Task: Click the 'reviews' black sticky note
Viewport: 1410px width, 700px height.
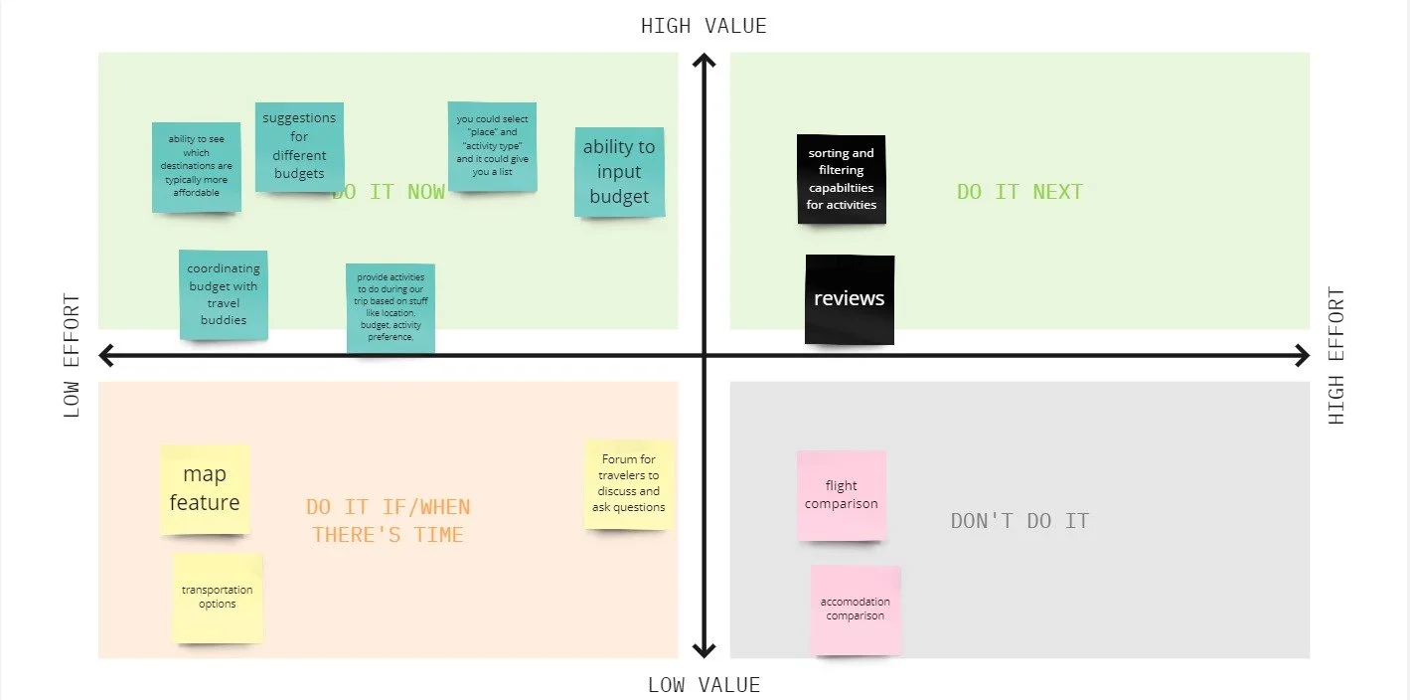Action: pyautogui.click(x=850, y=299)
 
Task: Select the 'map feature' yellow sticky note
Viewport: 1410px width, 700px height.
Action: pyautogui.click(x=205, y=489)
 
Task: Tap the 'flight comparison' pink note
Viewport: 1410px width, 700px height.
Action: pyautogui.click(x=842, y=495)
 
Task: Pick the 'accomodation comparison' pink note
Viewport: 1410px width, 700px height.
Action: pyautogui.click(x=856, y=610)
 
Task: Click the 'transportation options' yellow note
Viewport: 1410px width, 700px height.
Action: pyautogui.click(x=218, y=598)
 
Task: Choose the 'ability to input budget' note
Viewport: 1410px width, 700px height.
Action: pyautogui.click(x=619, y=172)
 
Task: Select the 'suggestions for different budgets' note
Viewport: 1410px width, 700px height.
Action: pyautogui.click(x=299, y=146)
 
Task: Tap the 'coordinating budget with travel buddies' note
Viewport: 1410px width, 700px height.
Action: pyautogui.click(x=224, y=294)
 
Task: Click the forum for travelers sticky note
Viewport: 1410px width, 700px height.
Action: pyautogui.click(x=629, y=484)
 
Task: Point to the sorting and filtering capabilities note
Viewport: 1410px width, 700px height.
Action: pyautogui.click(x=842, y=179)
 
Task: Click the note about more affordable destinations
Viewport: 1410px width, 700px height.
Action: pyautogui.click(x=197, y=167)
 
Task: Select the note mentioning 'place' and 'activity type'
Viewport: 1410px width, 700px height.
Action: pyautogui.click(x=492, y=146)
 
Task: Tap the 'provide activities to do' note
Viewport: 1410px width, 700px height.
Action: pyautogui.click(x=391, y=308)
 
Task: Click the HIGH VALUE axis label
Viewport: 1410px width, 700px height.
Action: pyautogui.click(x=704, y=26)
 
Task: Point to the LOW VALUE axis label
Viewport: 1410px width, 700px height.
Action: pyautogui.click(x=704, y=685)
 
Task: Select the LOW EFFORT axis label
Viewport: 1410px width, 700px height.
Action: pyautogui.click(x=72, y=355)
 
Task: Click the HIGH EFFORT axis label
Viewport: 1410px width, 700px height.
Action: pyautogui.click(x=1336, y=355)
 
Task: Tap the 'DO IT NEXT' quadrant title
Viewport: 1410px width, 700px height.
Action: pyautogui.click(x=1019, y=192)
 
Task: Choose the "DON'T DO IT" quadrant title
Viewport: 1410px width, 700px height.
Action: pyautogui.click(x=1019, y=521)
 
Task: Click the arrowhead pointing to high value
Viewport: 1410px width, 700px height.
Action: pyautogui.click(x=704, y=62)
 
